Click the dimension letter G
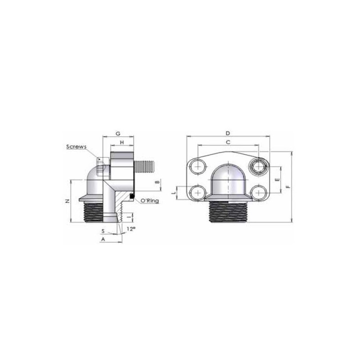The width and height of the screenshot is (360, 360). tap(118, 134)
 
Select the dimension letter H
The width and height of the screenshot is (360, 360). tap(122, 142)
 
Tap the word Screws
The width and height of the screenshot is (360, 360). tap(76, 147)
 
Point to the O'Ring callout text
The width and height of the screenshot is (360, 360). tap(149, 201)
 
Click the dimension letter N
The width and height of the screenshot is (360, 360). tap(67, 201)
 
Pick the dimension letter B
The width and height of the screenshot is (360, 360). tap(157, 182)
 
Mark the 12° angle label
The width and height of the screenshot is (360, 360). tap(130, 229)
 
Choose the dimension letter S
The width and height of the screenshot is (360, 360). tap(103, 231)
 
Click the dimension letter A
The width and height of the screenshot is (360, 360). tap(103, 239)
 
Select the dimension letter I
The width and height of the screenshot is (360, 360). tap(129, 217)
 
